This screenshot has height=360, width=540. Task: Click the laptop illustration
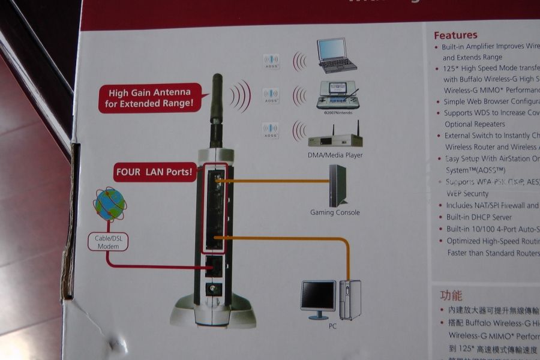337,56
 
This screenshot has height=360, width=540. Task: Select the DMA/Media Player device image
335,138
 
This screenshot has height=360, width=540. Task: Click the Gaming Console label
335,212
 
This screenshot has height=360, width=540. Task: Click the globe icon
110,204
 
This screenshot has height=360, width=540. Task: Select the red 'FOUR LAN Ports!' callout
155,173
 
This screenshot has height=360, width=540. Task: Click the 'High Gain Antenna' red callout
149,98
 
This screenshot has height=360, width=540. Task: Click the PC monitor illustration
317,298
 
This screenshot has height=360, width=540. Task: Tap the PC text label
332,326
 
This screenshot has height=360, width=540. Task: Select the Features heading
455,35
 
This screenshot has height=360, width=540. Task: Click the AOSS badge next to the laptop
271,61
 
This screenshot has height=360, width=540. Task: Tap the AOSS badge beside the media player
271,130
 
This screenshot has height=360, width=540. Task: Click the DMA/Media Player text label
335,155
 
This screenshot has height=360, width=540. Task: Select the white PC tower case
350,299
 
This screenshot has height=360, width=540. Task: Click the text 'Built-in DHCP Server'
479,217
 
